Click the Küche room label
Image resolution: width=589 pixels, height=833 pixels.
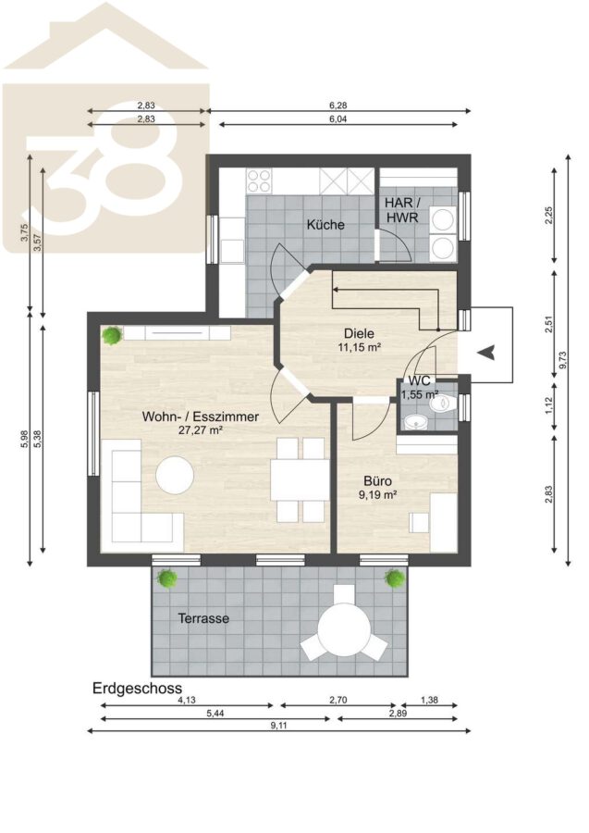tap(325, 225)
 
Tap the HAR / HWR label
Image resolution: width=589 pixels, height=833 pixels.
tap(401, 210)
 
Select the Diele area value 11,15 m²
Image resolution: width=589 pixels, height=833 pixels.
tap(361, 347)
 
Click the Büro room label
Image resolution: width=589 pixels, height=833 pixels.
tap(378, 482)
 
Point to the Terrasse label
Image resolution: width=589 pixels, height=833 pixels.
tap(203, 618)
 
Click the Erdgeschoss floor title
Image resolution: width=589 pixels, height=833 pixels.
tap(138, 689)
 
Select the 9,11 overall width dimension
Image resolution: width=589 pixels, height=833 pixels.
tap(278, 726)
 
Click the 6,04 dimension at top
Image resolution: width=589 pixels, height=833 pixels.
tap(338, 119)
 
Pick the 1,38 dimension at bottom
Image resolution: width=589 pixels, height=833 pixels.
tap(429, 701)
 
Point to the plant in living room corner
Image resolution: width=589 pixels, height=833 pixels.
tap(113, 336)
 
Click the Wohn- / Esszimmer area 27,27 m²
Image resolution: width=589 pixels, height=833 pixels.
tap(200, 430)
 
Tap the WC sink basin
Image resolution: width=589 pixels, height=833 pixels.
tap(415, 422)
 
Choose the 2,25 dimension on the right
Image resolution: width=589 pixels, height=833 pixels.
tap(549, 216)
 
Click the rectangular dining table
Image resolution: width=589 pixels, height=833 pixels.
tap(300, 479)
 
